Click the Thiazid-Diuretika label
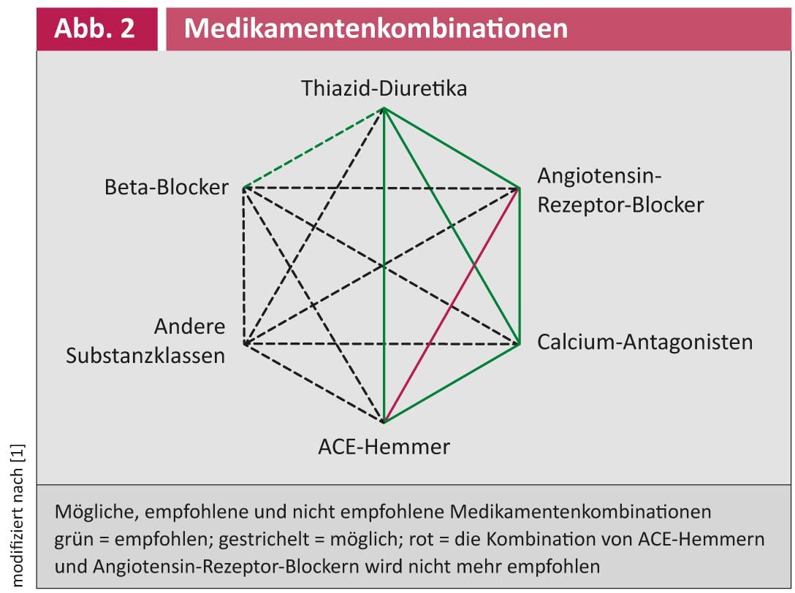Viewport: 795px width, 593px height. (384, 88)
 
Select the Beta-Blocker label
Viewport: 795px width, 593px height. (167, 187)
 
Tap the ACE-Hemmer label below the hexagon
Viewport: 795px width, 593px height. (384, 446)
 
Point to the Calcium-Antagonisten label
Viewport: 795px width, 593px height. (645, 342)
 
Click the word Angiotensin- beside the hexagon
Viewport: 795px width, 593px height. (599, 176)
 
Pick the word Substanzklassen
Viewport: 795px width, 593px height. (145, 356)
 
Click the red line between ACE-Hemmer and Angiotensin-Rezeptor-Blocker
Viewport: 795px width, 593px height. (452, 305)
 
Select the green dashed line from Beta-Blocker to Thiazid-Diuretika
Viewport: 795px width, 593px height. (314, 148)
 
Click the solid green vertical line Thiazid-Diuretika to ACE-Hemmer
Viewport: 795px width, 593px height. (384, 264)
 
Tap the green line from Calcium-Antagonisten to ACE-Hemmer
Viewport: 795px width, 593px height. (452, 383)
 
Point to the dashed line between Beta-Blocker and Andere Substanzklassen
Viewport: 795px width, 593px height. (244, 266)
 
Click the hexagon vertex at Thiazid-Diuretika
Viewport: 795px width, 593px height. (384, 109)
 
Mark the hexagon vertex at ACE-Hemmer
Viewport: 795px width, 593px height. (384, 421)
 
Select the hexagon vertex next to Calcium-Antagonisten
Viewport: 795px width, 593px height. (519, 344)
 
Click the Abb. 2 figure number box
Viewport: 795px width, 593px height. (97, 29)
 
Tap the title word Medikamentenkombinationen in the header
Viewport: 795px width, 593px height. (376, 28)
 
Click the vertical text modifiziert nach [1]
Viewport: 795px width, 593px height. (18, 516)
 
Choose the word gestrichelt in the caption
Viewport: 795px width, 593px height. (264, 539)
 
